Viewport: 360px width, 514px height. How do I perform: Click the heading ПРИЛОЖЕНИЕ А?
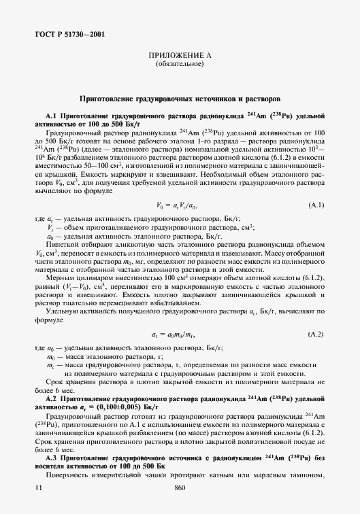coord(180,56)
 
